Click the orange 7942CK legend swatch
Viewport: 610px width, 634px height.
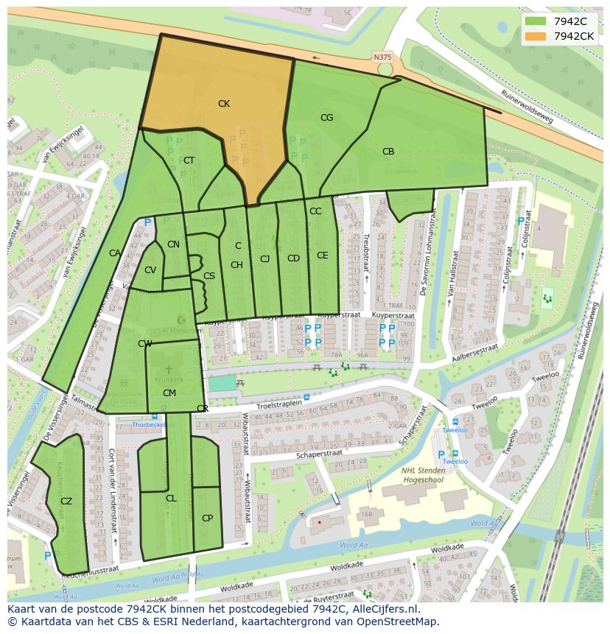536,36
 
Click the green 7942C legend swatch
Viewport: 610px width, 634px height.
536,21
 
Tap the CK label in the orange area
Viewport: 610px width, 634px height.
224,104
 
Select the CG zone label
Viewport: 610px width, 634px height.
326,118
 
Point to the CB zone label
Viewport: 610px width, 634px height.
388,152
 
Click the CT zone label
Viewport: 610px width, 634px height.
189,161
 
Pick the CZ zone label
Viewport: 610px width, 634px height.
66,501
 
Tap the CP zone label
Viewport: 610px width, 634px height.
207,518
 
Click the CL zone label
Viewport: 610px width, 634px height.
171,499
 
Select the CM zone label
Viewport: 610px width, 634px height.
169,393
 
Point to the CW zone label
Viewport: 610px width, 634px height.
144,344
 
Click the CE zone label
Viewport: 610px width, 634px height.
322,256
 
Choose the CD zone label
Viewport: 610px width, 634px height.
293,258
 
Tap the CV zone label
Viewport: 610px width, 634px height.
150,270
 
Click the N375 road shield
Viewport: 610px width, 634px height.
382,57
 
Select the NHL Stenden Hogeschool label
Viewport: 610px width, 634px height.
430,475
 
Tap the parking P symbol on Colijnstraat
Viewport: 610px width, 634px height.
522,221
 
